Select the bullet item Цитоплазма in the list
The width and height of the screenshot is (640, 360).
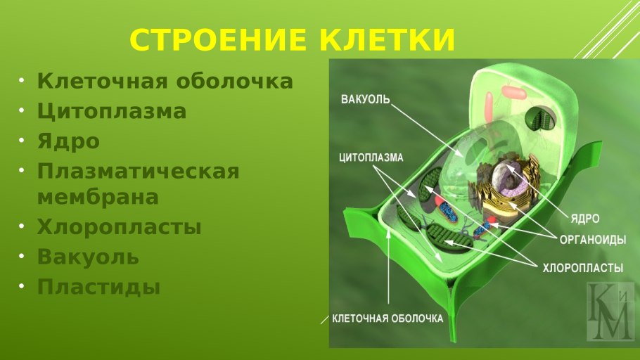point(112,111)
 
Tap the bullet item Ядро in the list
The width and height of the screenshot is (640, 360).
point(68,141)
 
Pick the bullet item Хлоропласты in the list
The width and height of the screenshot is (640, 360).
point(119,227)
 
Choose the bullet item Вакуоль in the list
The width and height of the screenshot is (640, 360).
point(88,257)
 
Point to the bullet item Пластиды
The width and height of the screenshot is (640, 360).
point(98,287)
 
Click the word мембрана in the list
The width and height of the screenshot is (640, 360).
point(98,197)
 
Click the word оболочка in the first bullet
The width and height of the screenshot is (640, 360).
point(235,81)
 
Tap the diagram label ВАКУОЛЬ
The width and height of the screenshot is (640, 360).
point(365,99)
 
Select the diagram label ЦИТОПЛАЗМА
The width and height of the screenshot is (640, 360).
point(371,157)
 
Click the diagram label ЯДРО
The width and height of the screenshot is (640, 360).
point(585,219)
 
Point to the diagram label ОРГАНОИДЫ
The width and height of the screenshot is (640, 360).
point(593,240)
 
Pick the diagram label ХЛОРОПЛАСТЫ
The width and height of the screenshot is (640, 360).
point(583,268)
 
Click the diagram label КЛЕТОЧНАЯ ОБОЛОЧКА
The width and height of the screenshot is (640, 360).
point(388,319)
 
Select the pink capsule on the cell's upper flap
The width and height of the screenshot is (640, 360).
point(514,92)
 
